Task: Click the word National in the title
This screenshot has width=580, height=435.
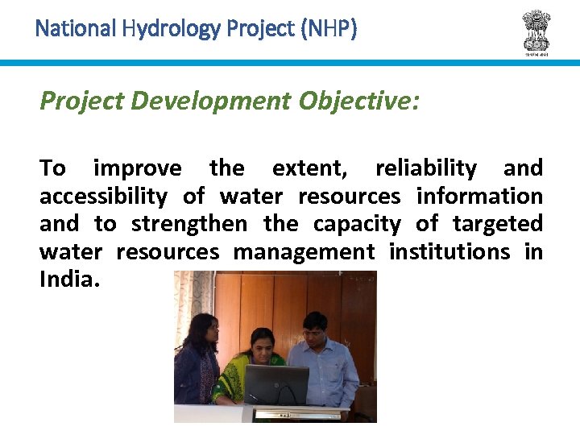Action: [76, 30]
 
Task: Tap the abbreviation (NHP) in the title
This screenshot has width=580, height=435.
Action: [328, 30]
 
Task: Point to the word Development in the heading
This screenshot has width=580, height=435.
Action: [212, 101]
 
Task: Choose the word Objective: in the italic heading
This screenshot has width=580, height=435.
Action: [358, 101]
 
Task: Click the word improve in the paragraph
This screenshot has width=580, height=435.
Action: [138, 168]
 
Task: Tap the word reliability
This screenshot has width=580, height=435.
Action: [426, 168]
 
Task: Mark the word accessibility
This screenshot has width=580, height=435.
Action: [103, 197]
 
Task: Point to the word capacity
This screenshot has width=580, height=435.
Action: [357, 224]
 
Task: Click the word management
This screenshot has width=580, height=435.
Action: [304, 252]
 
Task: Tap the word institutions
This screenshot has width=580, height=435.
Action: [449, 252]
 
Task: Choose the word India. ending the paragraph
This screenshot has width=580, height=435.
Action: [70, 280]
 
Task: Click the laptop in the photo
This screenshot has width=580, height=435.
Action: [276, 386]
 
